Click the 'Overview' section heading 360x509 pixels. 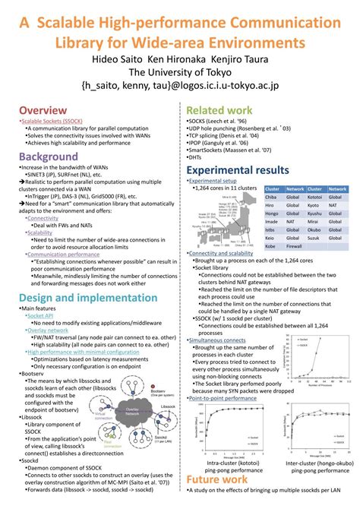[44, 111]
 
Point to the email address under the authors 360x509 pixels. [179, 87]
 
